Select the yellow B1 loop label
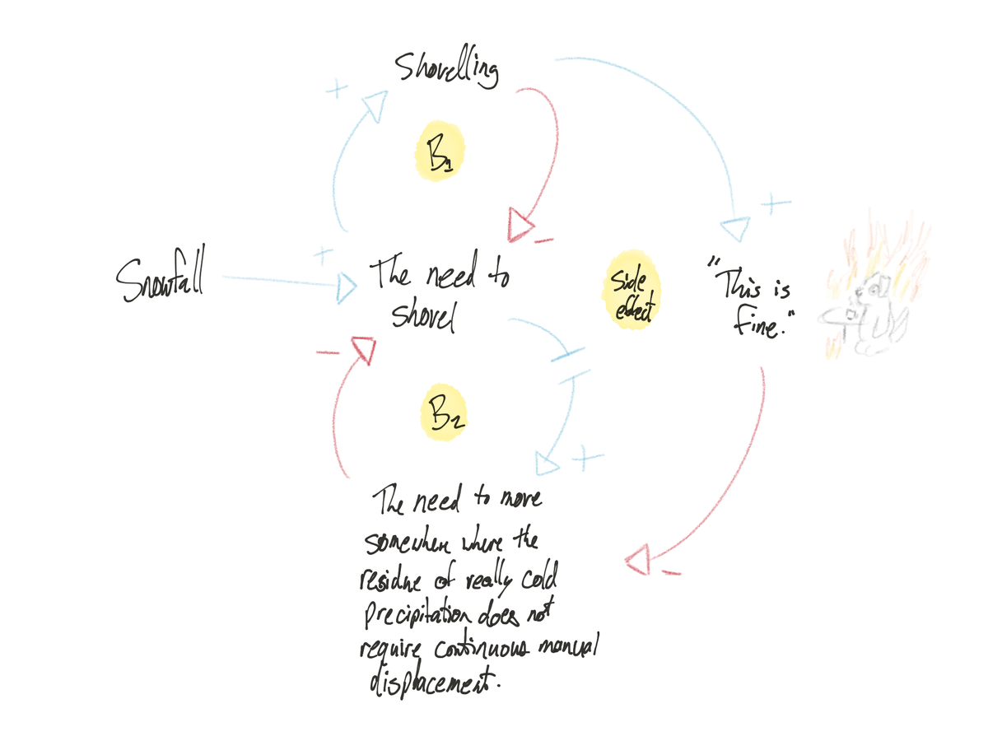pyautogui.click(x=437, y=153)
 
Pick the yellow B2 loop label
pyautogui.click(x=444, y=412)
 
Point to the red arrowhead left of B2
pyautogui.click(x=362, y=349)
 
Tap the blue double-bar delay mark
pyautogui.click(x=571, y=366)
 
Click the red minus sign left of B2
pyautogui.click(x=327, y=353)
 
